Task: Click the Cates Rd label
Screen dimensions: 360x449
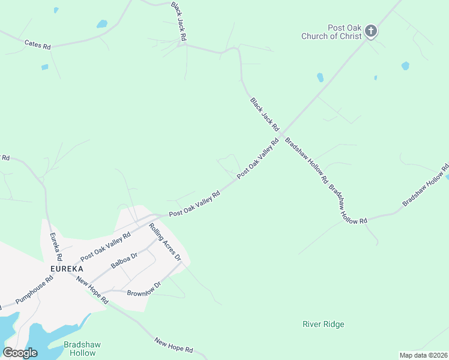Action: click(x=37, y=44)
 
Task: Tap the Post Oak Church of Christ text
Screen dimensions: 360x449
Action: click(x=331, y=32)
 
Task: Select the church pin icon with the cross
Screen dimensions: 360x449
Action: click(x=371, y=31)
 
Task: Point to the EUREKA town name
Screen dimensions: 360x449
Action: click(x=66, y=269)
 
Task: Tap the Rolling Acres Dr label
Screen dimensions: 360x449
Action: click(x=165, y=242)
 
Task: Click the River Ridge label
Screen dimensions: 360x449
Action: click(x=323, y=325)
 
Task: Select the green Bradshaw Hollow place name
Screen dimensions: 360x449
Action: click(x=79, y=349)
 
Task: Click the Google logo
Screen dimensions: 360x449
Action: click(x=20, y=352)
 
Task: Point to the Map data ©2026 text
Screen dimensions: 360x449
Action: click(x=423, y=355)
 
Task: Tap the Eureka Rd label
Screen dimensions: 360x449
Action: click(x=55, y=247)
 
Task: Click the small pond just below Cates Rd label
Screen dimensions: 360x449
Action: click(x=44, y=67)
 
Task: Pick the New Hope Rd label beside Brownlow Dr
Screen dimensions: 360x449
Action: click(x=91, y=291)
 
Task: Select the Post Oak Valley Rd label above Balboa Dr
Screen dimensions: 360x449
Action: click(x=106, y=246)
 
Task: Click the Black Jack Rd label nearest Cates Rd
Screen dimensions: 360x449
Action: click(x=178, y=22)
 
